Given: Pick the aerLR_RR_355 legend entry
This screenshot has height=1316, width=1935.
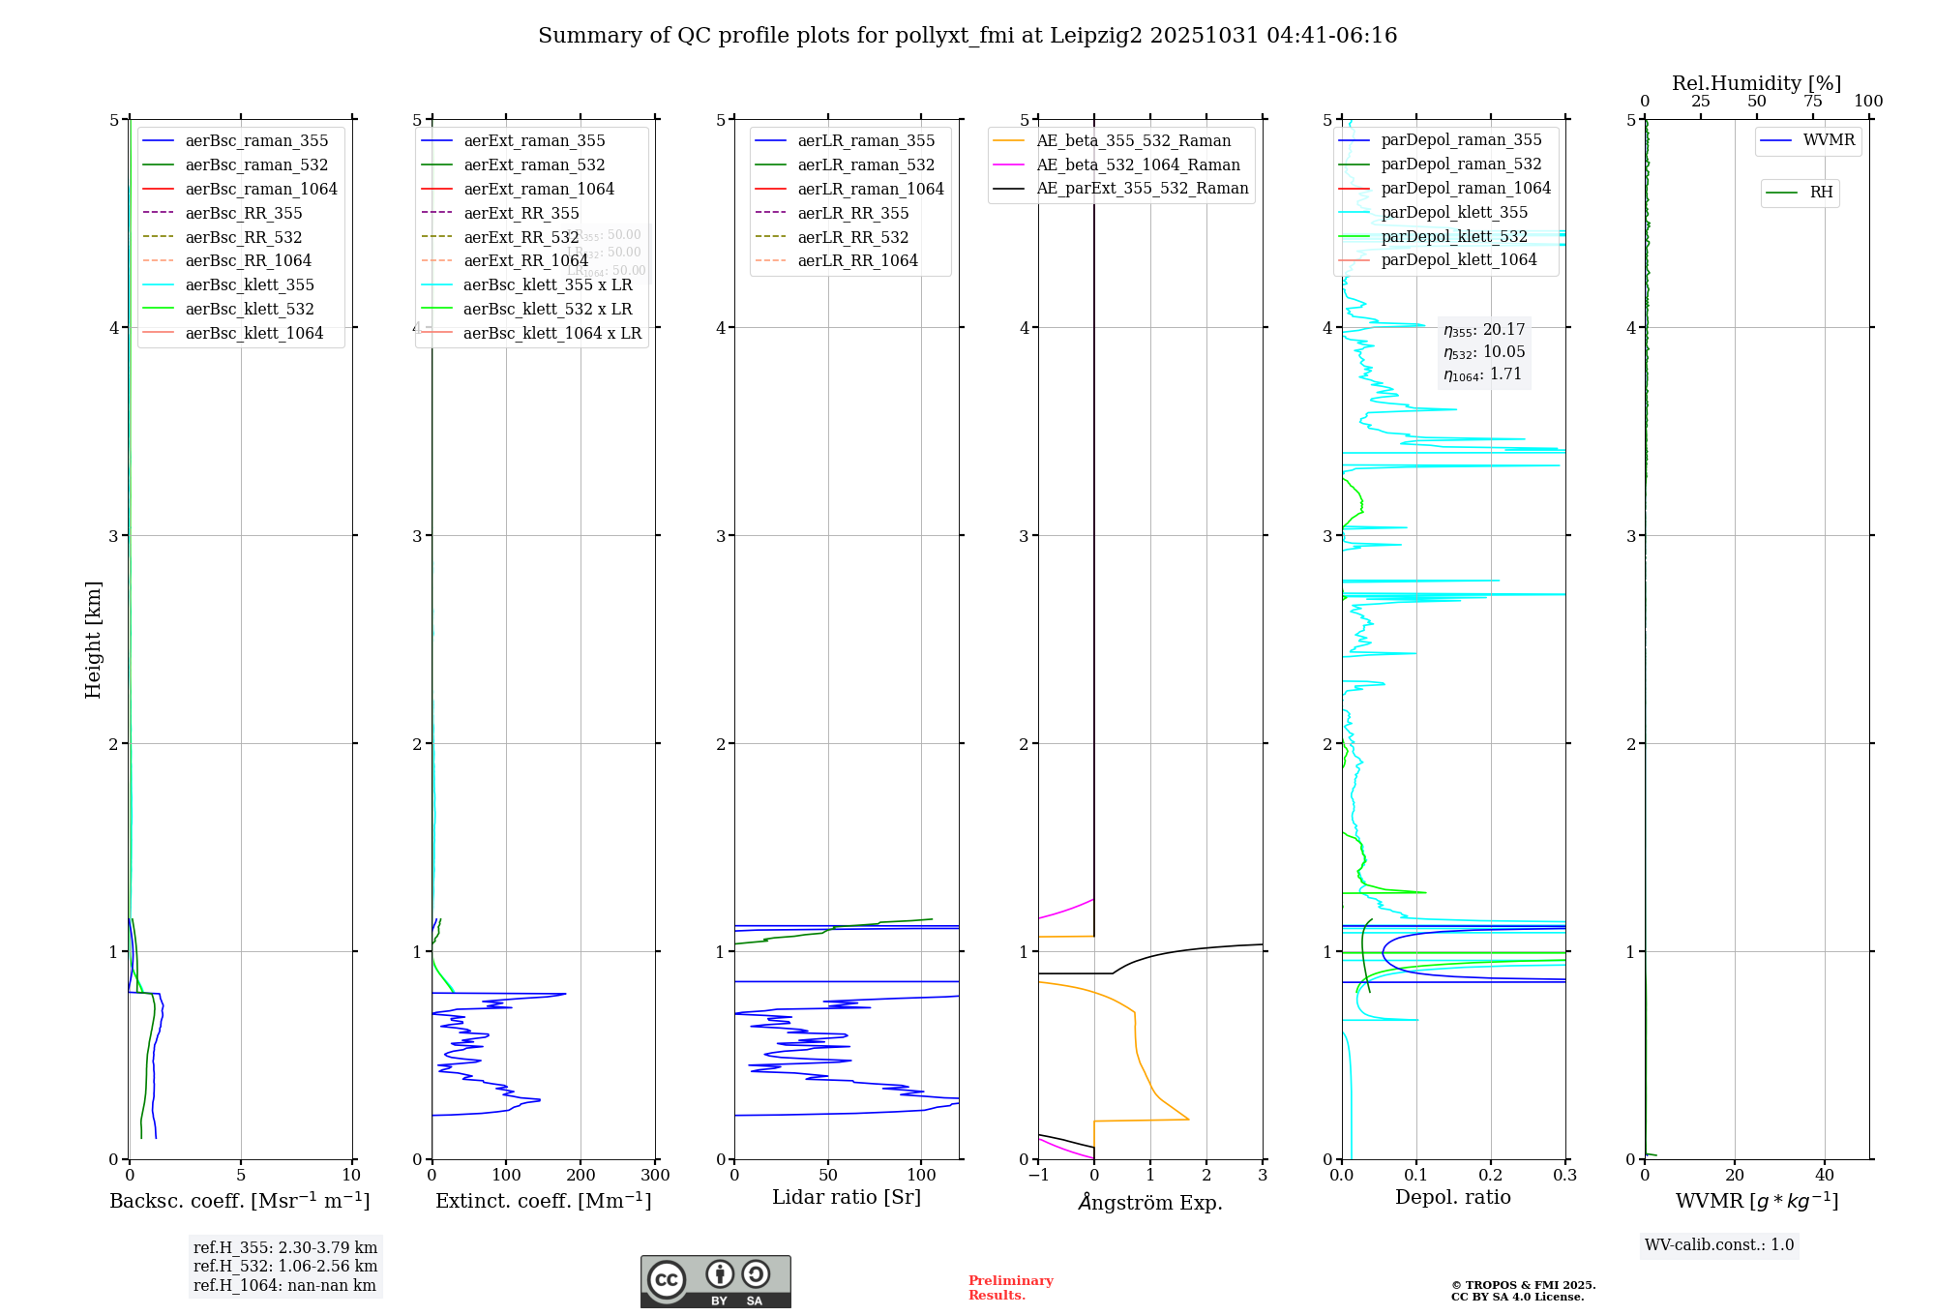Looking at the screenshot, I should tap(852, 214).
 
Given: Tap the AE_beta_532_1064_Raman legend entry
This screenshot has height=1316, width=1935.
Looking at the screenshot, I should tap(1138, 165).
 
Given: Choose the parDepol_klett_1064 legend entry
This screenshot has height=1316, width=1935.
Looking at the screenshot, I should tap(1458, 260).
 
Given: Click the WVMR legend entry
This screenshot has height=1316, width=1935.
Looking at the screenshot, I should tap(1828, 141).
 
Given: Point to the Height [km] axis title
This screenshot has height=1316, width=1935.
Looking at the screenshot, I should tap(93, 640).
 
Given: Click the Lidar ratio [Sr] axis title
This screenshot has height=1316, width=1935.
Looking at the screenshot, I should tap(847, 1198).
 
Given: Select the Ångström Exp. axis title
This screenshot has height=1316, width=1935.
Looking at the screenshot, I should tap(1150, 1203).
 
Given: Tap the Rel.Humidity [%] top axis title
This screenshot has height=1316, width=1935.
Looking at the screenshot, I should tap(1756, 84).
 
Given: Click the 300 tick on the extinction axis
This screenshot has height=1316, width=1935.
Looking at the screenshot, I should tap(655, 1176).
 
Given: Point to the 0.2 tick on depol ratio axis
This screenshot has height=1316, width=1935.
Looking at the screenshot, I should tap(1491, 1176).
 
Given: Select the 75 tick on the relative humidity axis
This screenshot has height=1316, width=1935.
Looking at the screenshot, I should tap(1812, 102).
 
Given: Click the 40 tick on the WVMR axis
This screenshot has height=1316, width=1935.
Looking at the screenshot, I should tap(1825, 1176).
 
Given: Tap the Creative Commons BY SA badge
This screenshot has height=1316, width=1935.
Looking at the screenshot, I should tap(715, 1282).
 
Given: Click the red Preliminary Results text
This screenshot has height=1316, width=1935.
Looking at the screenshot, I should tap(1010, 1288).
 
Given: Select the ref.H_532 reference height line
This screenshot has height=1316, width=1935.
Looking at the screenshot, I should tap(285, 1267).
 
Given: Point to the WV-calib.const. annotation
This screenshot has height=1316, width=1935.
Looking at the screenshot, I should tap(1719, 1245).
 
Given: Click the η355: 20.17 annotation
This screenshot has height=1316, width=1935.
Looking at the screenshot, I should tap(1484, 330).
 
